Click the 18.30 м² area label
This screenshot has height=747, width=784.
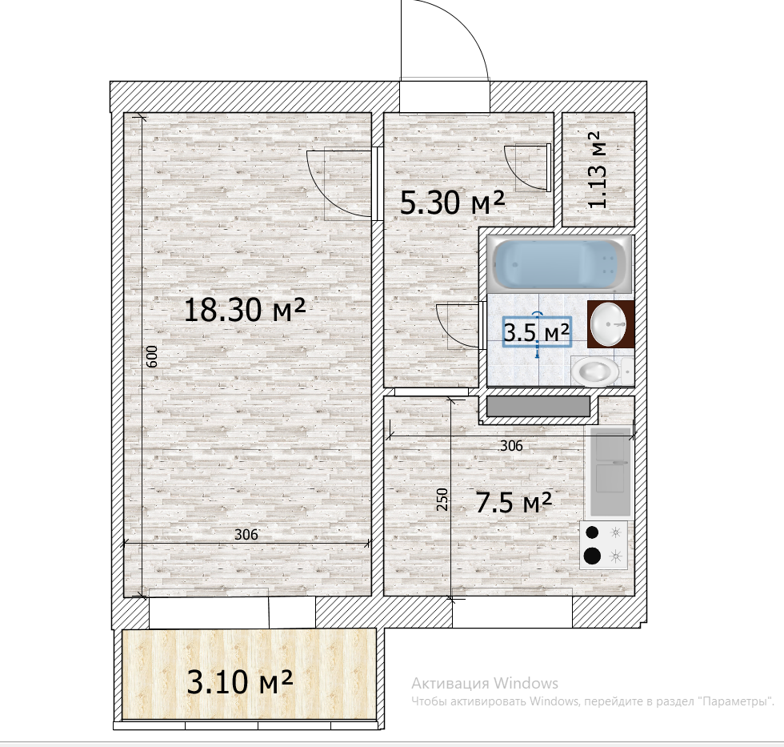245,310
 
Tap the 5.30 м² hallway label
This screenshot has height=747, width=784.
452,203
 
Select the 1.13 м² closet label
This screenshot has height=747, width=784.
598,170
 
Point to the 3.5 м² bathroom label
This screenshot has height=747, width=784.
537,331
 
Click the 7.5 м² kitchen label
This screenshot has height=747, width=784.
514,503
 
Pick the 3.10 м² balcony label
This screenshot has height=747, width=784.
239,681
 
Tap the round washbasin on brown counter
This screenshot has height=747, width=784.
608,324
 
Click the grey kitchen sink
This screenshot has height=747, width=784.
610,472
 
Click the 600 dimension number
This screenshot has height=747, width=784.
153,356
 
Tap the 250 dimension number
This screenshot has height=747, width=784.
442,499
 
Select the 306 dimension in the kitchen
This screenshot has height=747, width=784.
511,445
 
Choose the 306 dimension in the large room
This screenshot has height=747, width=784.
246,534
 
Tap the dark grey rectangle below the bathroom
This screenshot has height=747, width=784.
538,406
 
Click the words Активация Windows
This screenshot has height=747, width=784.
485,683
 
